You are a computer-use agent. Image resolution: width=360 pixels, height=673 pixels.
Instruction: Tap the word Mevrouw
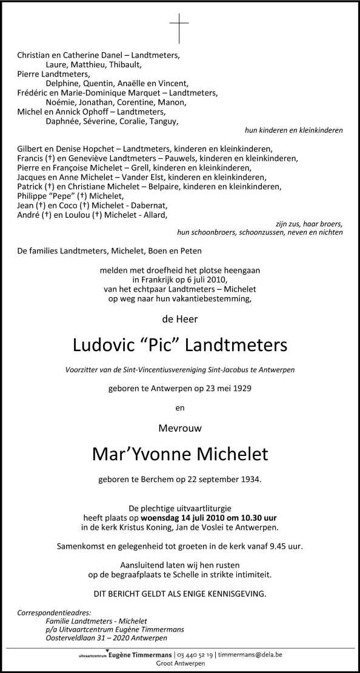click(179, 427)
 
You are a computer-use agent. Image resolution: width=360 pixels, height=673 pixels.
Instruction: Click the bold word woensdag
click(163, 518)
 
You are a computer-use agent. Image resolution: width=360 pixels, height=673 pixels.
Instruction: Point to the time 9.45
click(274, 545)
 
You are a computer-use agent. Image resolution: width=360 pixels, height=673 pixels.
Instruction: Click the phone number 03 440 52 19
click(195, 655)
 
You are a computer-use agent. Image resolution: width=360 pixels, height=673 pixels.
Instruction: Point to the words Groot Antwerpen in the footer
click(180, 665)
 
